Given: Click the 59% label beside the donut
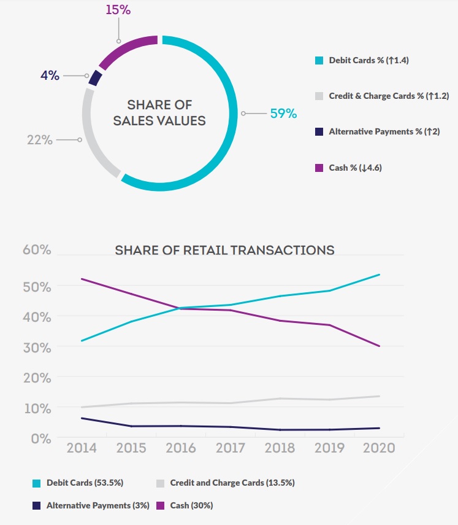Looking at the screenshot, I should (283, 114).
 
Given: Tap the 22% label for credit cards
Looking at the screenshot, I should (39, 140).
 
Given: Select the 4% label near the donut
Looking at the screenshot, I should (50, 76).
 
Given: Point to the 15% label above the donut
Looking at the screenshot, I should (117, 10).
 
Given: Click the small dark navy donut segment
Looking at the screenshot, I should (94, 78).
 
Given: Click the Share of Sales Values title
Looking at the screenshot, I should (159, 113).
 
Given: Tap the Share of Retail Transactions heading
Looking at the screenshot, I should (224, 250).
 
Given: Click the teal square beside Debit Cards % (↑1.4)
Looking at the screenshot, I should (318, 61).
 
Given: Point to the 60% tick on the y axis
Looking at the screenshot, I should (37, 250).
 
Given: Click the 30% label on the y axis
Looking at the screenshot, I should (37, 347).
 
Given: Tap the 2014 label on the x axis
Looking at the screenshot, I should (82, 447).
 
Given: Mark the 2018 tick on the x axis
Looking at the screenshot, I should (280, 447).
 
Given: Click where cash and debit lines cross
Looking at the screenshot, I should (178, 308).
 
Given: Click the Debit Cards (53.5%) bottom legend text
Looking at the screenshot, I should (85, 483).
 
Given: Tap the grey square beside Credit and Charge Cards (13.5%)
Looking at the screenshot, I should (159, 483).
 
